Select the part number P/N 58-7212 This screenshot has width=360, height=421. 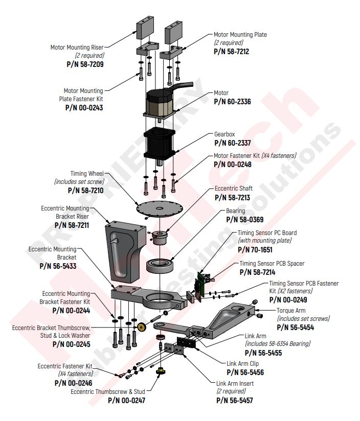click(232, 52)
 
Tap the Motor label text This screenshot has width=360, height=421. click(221, 93)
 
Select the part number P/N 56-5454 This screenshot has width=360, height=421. click(295, 327)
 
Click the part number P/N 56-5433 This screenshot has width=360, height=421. click(58, 266)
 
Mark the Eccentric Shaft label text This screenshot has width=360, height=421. click(234, 189)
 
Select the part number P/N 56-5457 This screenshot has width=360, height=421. click(234, 400)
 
